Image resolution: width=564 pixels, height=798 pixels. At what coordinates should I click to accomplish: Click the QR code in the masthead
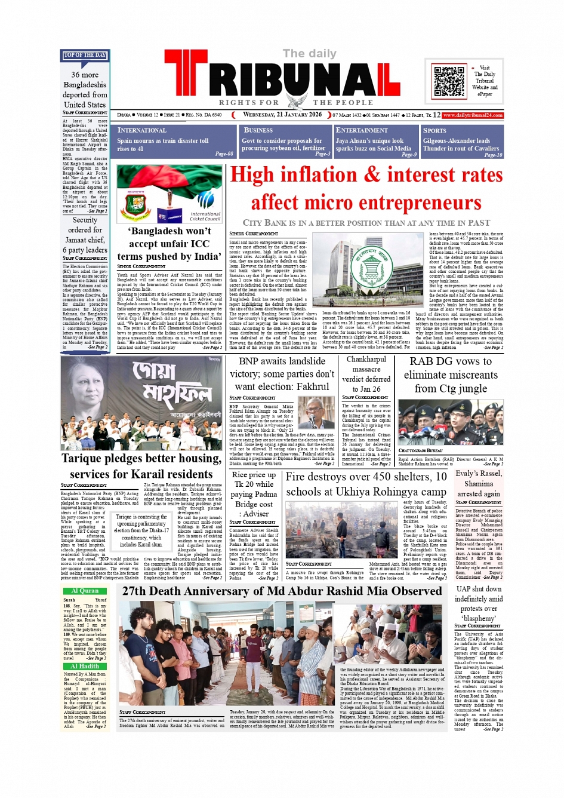[x=449, y=81]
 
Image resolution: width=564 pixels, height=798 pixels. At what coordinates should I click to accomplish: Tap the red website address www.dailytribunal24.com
[x=473, y=115]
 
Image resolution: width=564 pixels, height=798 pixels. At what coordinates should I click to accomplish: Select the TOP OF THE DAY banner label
[x=85, y=56]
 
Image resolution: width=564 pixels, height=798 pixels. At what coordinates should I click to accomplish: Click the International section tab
[x=142, y=130]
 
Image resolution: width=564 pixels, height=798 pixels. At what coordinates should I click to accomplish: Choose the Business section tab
[x=258, y=130]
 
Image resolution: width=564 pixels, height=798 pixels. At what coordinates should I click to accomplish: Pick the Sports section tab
[x=434, y=130]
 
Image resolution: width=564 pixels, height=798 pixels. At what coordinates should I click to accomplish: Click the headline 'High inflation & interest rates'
[x=366, y=175]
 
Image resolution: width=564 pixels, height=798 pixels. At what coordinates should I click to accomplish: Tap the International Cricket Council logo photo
[x=169, y=194]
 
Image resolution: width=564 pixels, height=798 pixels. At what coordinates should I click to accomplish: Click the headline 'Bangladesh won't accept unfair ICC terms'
[x=169, y=244]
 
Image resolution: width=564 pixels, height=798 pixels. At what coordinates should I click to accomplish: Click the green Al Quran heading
[x=85, y=591]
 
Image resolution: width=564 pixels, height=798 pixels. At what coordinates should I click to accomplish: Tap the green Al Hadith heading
[x=85, y=666]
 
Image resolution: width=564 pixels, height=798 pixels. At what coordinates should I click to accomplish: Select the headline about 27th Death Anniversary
[x=282, y=591]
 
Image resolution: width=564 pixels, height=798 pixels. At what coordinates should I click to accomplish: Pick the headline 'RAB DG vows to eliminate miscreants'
[x=451, y=375]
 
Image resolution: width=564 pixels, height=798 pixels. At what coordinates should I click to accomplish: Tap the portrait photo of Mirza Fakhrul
[x=316, y=413]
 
